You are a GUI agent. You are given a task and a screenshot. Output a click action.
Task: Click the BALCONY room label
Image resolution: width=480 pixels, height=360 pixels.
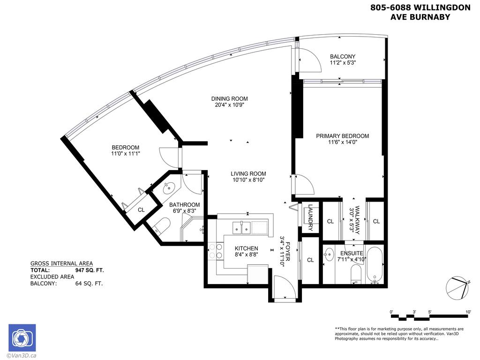(342, 56)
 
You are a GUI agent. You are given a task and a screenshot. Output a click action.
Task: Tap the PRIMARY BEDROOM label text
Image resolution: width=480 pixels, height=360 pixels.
(342, 136)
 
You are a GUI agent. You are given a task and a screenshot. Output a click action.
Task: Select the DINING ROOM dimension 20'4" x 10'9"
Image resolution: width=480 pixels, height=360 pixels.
(229, 105)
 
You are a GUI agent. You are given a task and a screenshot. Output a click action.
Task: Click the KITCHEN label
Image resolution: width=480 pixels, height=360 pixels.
(246, 248)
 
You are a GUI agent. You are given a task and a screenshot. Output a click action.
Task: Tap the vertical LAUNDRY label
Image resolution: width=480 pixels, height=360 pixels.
(310, 218)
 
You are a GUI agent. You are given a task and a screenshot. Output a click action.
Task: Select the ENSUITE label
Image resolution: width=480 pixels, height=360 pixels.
(352, 253)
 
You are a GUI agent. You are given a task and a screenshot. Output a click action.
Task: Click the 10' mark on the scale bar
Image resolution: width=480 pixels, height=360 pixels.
(468, 312)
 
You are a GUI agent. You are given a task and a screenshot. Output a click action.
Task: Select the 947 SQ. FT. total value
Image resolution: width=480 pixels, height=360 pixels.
(90, 270)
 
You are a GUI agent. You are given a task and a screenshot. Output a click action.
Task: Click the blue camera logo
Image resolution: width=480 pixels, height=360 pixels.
(22, 337)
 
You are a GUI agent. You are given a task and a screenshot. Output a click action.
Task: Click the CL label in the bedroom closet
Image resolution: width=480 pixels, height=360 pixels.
(141, 210)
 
